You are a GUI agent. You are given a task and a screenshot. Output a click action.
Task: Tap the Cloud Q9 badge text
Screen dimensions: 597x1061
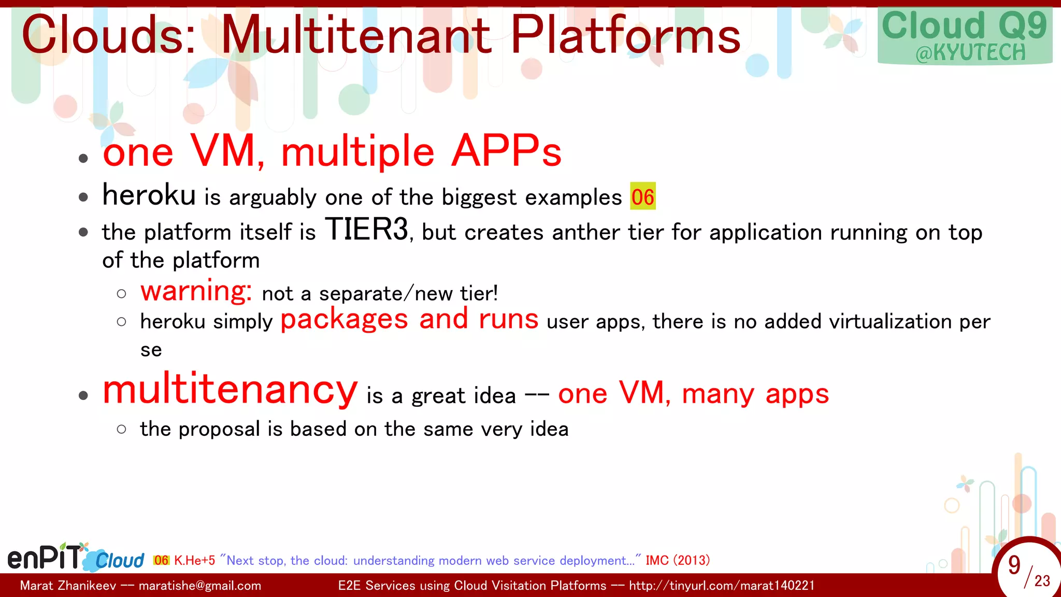coord(964,25)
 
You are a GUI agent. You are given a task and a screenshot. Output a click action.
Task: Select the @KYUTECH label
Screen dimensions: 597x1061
coord(970,53)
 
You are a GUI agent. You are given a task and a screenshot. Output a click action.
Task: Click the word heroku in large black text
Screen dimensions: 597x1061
coord(149,195)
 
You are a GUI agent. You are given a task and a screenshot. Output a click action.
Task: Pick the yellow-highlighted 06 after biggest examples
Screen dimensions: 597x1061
coord(642,197)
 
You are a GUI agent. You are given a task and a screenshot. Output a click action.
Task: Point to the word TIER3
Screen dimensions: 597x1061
coord(367,229)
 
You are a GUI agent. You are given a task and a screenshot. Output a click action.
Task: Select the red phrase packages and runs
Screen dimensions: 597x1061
coord(409,319)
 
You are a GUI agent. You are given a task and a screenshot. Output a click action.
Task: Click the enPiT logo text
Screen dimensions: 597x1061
coord(45,558)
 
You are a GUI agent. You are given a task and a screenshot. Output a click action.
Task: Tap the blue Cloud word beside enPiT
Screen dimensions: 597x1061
coord(120,561)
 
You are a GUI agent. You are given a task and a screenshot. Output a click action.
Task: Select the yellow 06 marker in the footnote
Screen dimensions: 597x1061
coord(161,560)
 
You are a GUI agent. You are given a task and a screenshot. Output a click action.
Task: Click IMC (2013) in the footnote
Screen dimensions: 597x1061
coord(678,560)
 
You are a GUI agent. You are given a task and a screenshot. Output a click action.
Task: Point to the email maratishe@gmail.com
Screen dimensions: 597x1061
coord(200,586)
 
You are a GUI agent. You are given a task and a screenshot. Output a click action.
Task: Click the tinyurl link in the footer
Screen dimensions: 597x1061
coord(721,586)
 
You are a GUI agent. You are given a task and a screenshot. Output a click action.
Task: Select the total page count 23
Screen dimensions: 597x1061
coord(1042,581)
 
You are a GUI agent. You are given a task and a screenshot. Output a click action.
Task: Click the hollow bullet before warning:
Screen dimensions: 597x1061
coord(121,294)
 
